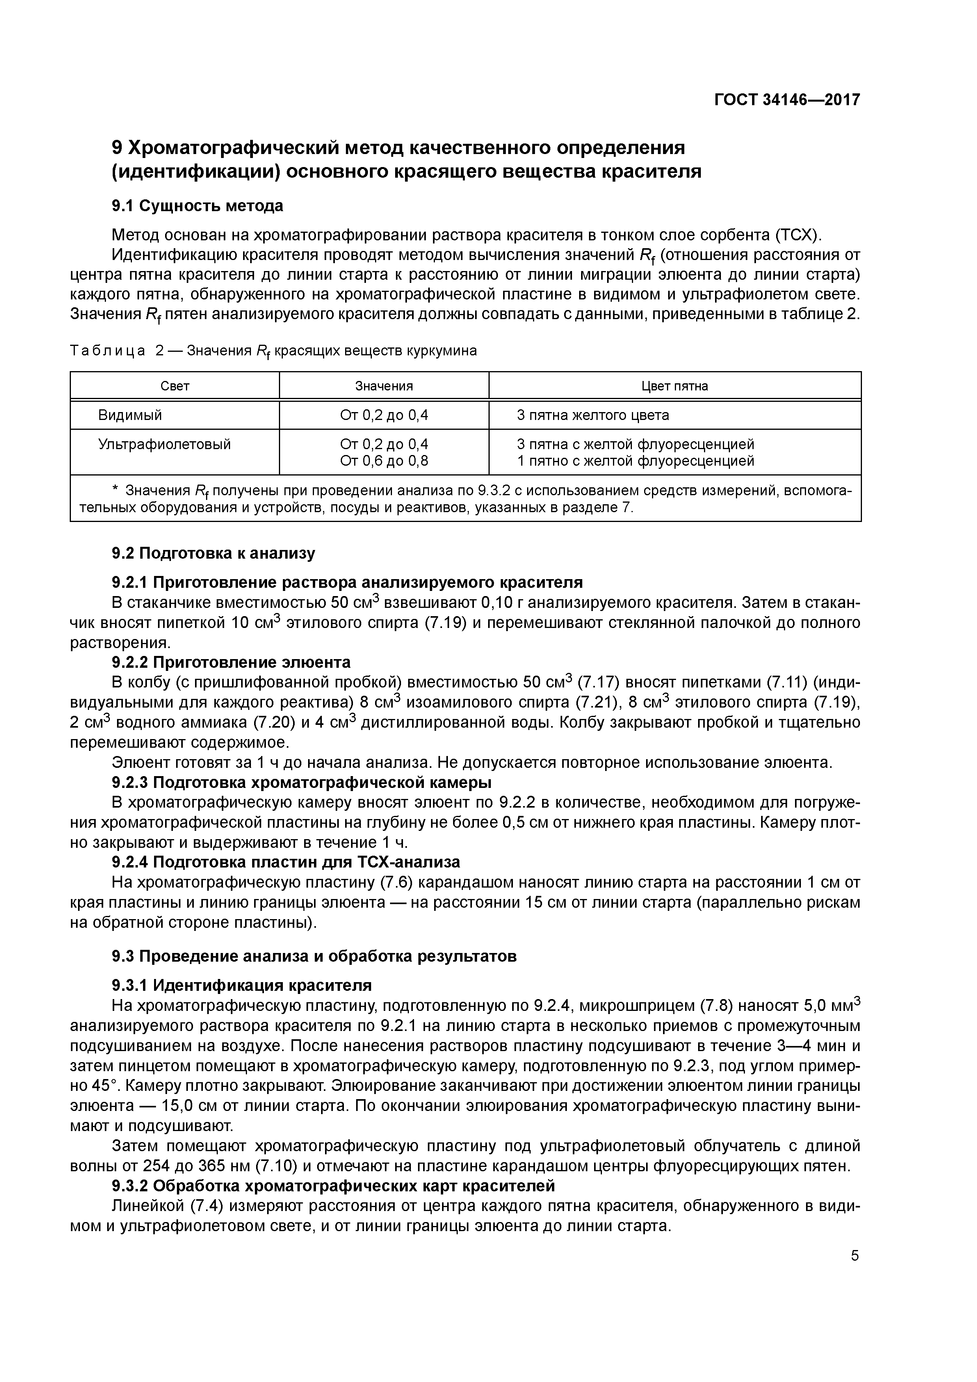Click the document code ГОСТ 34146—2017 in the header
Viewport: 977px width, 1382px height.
tap(787, 100)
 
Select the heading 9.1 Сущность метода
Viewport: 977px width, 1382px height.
tap(197, 206)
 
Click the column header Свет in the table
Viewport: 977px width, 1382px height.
tap(175, 386)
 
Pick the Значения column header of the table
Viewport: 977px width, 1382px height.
tap(384, 386)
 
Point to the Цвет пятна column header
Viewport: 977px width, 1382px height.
tap(675, 386)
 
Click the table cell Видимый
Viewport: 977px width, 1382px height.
tap(130, 415)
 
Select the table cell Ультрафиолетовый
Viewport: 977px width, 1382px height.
tap(164, 444)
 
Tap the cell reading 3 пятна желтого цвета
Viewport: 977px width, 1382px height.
tap(593, 415)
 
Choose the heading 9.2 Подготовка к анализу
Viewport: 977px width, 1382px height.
tap(214, 553)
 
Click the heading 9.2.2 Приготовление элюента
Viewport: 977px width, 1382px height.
tap(231, 663)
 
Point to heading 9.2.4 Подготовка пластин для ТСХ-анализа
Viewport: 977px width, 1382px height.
tap(286, 862)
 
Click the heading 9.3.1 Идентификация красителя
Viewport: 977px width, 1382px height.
tap(242, 985)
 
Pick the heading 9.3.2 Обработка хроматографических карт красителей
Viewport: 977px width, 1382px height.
tap(333, 1186)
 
